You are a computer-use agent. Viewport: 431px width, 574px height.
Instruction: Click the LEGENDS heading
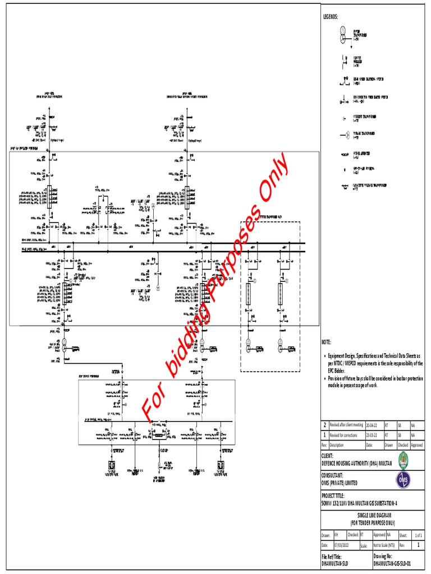329,17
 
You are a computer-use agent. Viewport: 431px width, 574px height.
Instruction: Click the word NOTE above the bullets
326,342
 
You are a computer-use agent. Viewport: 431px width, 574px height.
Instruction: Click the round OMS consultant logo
402,479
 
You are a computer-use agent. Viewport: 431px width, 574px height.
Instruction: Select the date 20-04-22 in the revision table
373,425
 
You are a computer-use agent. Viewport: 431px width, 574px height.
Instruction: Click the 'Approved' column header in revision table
417,445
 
